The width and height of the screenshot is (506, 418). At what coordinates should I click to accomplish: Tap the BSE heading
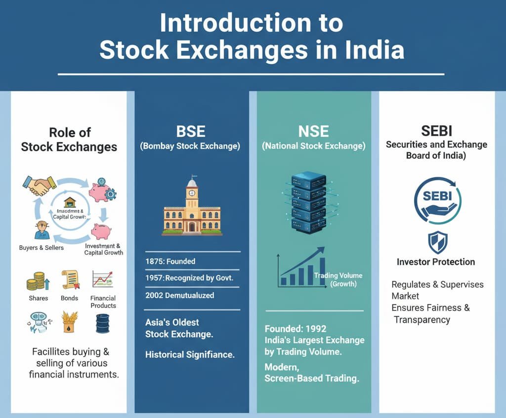191,132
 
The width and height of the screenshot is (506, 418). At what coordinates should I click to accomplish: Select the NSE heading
313,132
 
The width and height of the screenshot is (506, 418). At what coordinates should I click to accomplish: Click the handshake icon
39,185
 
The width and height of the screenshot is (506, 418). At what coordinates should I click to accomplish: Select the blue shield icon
436,242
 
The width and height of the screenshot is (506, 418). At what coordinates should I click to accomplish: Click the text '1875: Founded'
170,261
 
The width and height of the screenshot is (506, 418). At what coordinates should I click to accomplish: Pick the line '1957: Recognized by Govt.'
189,278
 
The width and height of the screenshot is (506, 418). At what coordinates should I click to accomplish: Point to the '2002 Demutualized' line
179,295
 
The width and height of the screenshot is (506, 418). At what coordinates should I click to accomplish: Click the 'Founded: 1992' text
295,329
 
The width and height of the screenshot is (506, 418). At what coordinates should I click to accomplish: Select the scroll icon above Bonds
70,280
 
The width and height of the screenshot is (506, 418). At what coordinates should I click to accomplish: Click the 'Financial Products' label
103,302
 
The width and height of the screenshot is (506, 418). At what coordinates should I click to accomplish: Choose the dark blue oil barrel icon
102,324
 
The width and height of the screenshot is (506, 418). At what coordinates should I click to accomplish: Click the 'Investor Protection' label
436,262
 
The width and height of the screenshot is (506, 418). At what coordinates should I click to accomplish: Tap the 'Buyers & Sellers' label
41,247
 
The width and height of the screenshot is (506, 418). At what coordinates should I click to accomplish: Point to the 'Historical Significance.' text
190,354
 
